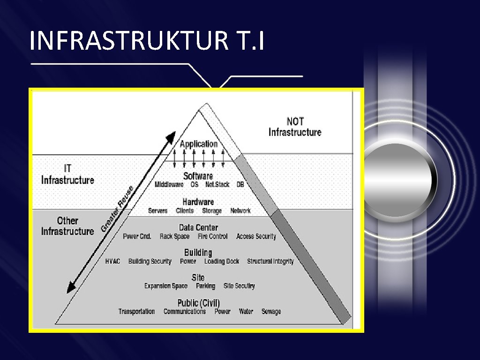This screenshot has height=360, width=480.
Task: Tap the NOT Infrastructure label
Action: [295, 127]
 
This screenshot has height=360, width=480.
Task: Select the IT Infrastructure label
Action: [67, 174]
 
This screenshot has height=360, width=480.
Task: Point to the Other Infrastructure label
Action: [67, 226]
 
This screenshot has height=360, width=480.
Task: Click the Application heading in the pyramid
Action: [199, 144]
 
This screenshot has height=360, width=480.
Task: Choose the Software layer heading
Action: [198, 176]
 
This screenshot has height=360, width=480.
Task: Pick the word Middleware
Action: [169, 185]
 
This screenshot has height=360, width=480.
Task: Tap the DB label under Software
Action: [240, 185]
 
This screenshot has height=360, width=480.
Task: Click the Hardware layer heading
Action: [198, 202]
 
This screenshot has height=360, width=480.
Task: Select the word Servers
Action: [157, 211]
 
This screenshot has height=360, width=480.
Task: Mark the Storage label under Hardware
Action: [211, 211]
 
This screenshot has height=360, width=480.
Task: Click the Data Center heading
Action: [198, 228]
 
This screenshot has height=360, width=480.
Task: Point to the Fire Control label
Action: [212, 237]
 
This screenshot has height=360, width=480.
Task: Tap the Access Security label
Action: [256, 237]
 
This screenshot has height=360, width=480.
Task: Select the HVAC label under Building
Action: [112, 262]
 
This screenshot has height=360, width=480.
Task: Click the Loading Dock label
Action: [221, 262]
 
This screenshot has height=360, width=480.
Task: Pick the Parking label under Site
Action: [205, 286]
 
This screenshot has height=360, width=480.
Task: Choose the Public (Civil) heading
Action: [198, 303]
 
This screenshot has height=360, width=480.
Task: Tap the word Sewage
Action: [271, 312]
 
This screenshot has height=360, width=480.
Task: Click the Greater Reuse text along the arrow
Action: [117, 210]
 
